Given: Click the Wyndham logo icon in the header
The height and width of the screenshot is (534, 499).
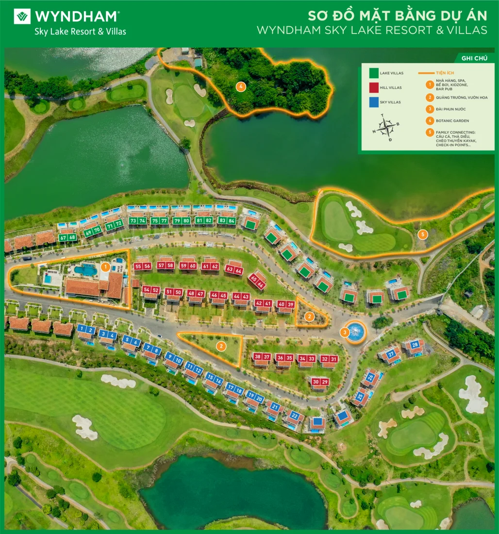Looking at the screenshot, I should coord(22,17).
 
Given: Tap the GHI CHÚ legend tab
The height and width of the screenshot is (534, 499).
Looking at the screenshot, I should coord(474,58).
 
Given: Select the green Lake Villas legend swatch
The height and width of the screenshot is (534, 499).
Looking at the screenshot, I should coord(374,74).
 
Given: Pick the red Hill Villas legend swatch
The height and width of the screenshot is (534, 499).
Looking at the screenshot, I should coord(374,88).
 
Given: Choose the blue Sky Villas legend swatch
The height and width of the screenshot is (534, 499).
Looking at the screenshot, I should coord(374,102).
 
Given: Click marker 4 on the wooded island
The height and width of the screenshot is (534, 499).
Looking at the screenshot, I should coord(240,87).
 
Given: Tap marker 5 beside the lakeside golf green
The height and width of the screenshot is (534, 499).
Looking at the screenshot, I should coord(422,234).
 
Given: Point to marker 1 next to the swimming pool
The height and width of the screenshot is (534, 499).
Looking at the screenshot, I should coord(105,266).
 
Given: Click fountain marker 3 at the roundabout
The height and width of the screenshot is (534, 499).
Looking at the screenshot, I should coord(345,333).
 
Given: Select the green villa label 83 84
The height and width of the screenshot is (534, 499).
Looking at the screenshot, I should coord(226,220).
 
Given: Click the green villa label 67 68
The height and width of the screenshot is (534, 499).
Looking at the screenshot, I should coord(67,237).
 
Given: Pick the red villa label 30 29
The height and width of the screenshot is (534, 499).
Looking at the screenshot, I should coord(320,382).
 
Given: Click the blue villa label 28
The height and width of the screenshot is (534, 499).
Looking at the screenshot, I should coord(415,345).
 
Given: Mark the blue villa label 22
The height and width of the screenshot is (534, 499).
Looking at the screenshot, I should coord(294,416).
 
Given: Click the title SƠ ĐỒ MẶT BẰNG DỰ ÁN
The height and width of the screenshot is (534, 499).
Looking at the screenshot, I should coord(397,16).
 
